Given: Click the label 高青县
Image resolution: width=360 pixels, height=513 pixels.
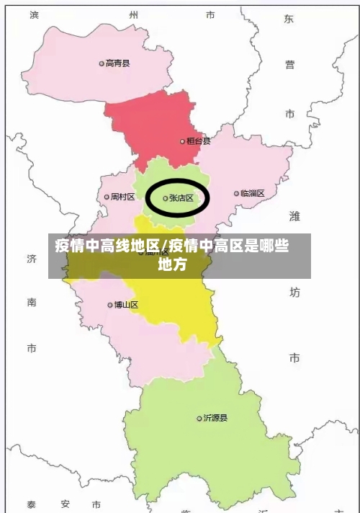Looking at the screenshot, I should (x=118, y=63).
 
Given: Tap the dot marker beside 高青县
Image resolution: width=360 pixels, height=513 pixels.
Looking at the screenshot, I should (x=102, y=63).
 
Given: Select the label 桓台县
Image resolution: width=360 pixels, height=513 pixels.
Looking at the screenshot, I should (x=199, y=141).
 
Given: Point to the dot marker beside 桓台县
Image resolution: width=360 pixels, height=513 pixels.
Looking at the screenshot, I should (x=182, y=142).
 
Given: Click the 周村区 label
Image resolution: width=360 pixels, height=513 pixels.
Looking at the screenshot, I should (x=122, y=197).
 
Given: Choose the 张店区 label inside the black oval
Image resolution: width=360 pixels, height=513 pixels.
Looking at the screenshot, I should (x=181, y=198).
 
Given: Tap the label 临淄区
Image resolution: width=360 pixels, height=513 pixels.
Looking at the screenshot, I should (x=253, y=193).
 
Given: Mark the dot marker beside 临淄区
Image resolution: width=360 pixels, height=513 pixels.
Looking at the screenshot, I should (x=236, y=193).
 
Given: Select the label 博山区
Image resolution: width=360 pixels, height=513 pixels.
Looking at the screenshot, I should (x=126, y=305).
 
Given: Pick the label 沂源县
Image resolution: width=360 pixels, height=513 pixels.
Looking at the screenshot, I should (x=216, y=418).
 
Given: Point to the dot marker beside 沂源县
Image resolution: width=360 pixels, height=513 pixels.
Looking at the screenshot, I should (x=199, y=418).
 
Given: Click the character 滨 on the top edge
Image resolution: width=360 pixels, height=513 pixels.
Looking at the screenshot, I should (x=34, y=14).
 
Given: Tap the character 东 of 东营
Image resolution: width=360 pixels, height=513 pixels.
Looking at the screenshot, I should (x=289, y=19).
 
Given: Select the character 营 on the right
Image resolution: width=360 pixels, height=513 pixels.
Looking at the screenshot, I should (x=289, y=65).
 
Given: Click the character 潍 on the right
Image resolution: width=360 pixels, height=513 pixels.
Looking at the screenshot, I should (x=294, y=215).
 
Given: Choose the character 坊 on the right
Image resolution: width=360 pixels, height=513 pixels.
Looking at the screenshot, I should (x=294, y=292).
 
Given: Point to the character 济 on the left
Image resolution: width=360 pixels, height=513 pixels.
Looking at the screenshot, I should (x=32, y=258).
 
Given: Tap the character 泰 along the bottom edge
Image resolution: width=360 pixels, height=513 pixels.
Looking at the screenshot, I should (x=32, y=504).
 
